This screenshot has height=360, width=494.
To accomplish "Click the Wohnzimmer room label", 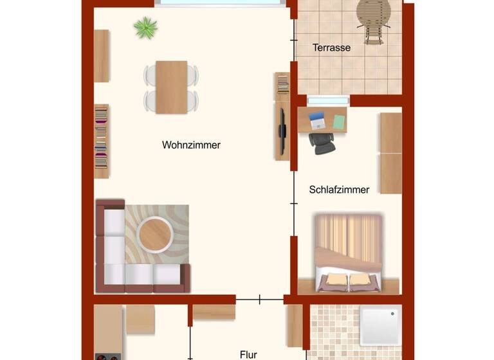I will pos(191,145).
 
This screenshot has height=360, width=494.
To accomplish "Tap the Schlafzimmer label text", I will pos(339,190).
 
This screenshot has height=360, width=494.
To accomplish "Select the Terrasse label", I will pos(331,48).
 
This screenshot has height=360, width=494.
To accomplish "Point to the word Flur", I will pos(248,354).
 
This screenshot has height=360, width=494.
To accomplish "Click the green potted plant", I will pos(145,28).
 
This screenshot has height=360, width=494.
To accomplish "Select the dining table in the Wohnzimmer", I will pos(171,87).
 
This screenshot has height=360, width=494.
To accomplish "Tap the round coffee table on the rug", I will pos(155,234).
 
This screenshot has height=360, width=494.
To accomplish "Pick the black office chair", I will pos(322,143).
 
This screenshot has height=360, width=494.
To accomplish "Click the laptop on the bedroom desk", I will pos(316,120).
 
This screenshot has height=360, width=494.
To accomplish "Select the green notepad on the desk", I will pos(340,120).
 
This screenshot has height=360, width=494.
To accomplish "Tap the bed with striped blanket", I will pos(348,253).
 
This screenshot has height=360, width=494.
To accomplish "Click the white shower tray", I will pos(380,325).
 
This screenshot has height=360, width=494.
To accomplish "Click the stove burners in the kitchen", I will pos(107,356).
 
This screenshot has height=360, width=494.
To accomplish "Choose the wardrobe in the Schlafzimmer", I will pos(390,153).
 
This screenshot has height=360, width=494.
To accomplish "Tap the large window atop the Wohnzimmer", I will pos(220,3).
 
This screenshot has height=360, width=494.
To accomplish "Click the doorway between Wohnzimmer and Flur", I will pos(259,299).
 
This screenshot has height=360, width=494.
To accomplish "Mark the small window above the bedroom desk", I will pos(328,100).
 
